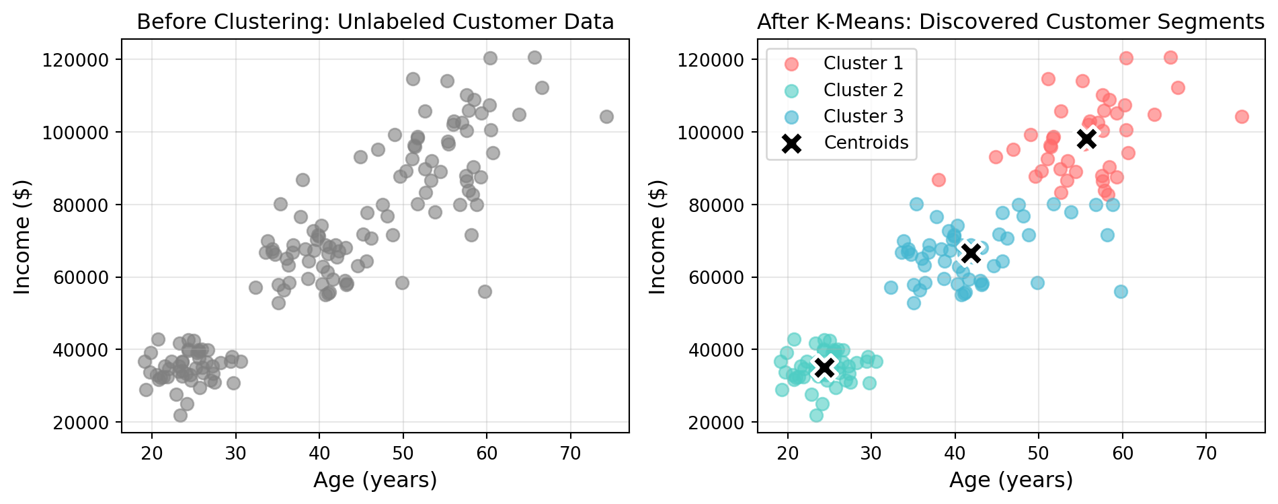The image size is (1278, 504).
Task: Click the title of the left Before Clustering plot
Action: click(x=375, y=22)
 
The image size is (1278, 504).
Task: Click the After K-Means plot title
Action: click(x=1010, y=22)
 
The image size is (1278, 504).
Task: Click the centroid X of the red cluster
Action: click(x=1086, y=139)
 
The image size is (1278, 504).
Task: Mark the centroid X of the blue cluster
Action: click(x=970, y=253)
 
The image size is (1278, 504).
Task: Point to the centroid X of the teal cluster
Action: click(x=825, y=367)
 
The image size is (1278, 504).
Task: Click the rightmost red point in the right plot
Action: click(x=1242, y=117)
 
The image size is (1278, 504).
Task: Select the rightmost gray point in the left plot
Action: click(x=606, y=117)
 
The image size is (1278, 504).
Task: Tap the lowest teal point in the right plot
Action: click(x=816, y=416)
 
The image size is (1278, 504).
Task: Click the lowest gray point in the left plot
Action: click(x=180, y=416)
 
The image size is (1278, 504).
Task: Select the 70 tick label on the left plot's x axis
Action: click(x=570, y=454)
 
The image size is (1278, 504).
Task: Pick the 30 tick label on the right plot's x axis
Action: click(x=871, y=454)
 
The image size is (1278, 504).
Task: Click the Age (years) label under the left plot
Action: click(x=375, y=480)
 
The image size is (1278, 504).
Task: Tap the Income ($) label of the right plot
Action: click(x=657, y=237)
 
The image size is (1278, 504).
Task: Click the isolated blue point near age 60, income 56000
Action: click(x=1121, y=291)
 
